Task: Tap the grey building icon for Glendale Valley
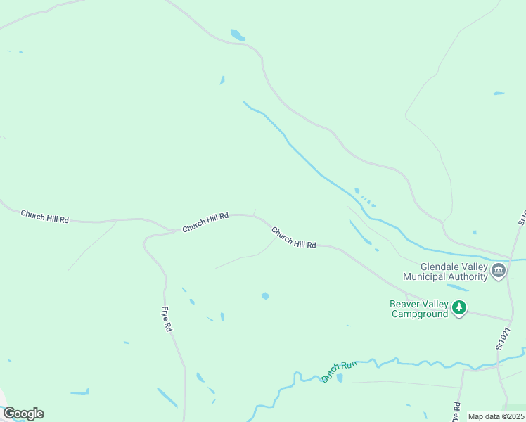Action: pyautogui.click(x=499, y=271)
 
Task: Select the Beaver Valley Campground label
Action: pyautogui.click(x=419, y=309)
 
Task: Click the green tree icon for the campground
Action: pyautogui.click(x=459, y=308)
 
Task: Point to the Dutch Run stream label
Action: pyautogui.click(x=339, y=371)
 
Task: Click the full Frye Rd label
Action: pyautogui.click(x=167, y=319)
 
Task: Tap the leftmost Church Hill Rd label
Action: pyautogui.click(x=45, y=216)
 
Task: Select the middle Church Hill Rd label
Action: pyautogui.click(x=205, y=223)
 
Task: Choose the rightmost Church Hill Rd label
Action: pyautogui.click(x=293, y=237)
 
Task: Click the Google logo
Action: pyautogui.click(x=23, y=413)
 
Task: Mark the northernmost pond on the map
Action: pyautogui.click(x=238, y=34)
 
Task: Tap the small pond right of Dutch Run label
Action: pyautogui.click(x=340, y=378)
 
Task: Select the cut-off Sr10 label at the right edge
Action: pyautogui.click(x=522, y=216)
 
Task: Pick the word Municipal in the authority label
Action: pyautogui.click(x=424, y=276)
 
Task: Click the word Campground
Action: pyautogui.click(x=419, y=314)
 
